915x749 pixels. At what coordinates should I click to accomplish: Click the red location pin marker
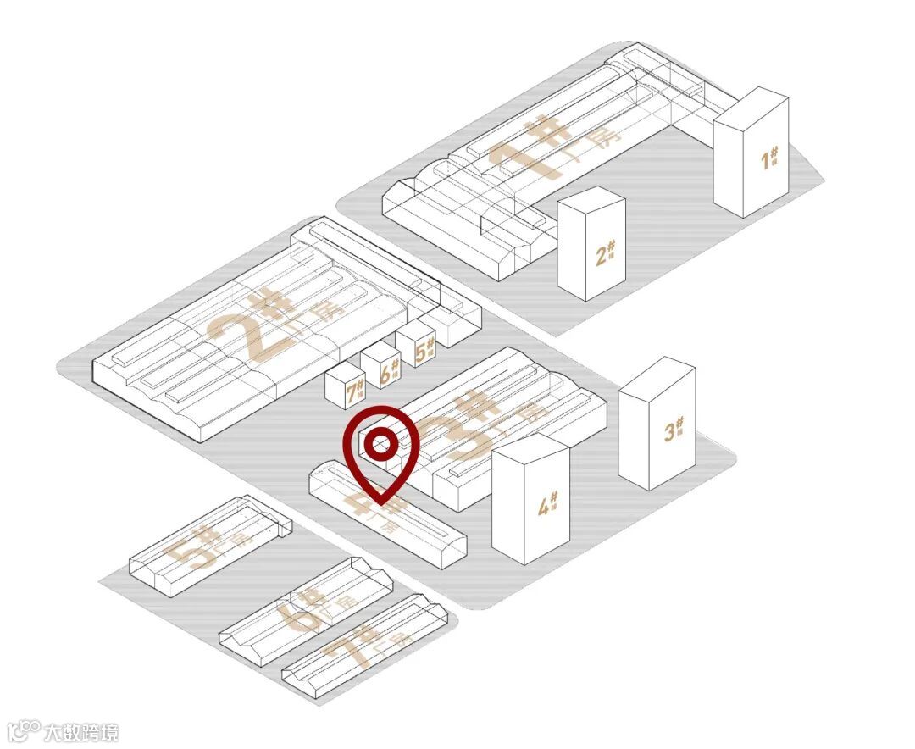click(381, 453)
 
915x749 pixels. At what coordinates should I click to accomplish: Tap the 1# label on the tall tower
click(769, 158)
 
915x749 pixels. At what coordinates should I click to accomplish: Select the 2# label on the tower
click(604, 253)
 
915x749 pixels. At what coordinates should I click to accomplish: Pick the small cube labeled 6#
click(390, 369)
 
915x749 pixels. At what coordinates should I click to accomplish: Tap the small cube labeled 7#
click(356, 391)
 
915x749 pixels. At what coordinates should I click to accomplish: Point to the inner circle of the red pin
click(381, 441)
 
